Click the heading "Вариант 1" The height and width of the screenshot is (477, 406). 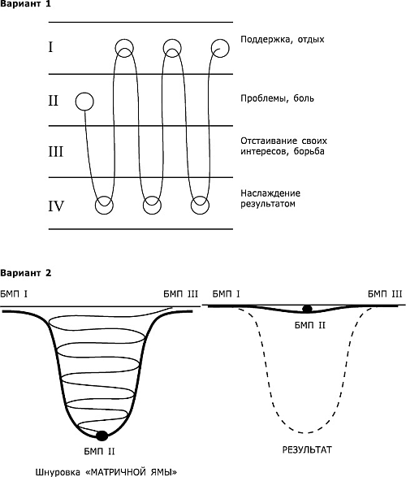[25, 4]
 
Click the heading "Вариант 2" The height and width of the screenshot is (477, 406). [25, 273]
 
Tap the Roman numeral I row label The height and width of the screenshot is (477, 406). [50, 47]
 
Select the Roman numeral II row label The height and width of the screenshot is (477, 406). [53, 100]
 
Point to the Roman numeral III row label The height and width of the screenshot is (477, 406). [55, 151]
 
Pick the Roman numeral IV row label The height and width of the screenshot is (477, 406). [56, 206]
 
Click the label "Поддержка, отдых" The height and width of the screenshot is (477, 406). [283, 40]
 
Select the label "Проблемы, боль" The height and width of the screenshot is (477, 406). [277, 98]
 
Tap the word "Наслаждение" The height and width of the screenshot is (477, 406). [270, 193]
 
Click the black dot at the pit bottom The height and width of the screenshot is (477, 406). [101, 436]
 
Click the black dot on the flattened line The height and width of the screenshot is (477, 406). [307, 309]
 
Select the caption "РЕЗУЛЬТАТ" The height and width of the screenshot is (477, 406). [307, 449]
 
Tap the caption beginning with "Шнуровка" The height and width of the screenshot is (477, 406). [106, 472]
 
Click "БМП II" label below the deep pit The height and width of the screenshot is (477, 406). [99, 452]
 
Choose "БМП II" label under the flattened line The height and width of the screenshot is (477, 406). [310, 326]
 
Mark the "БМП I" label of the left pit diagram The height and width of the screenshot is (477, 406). [14, 294]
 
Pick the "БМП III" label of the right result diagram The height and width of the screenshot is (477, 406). [385, 294]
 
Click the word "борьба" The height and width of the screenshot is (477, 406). [309, 151]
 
